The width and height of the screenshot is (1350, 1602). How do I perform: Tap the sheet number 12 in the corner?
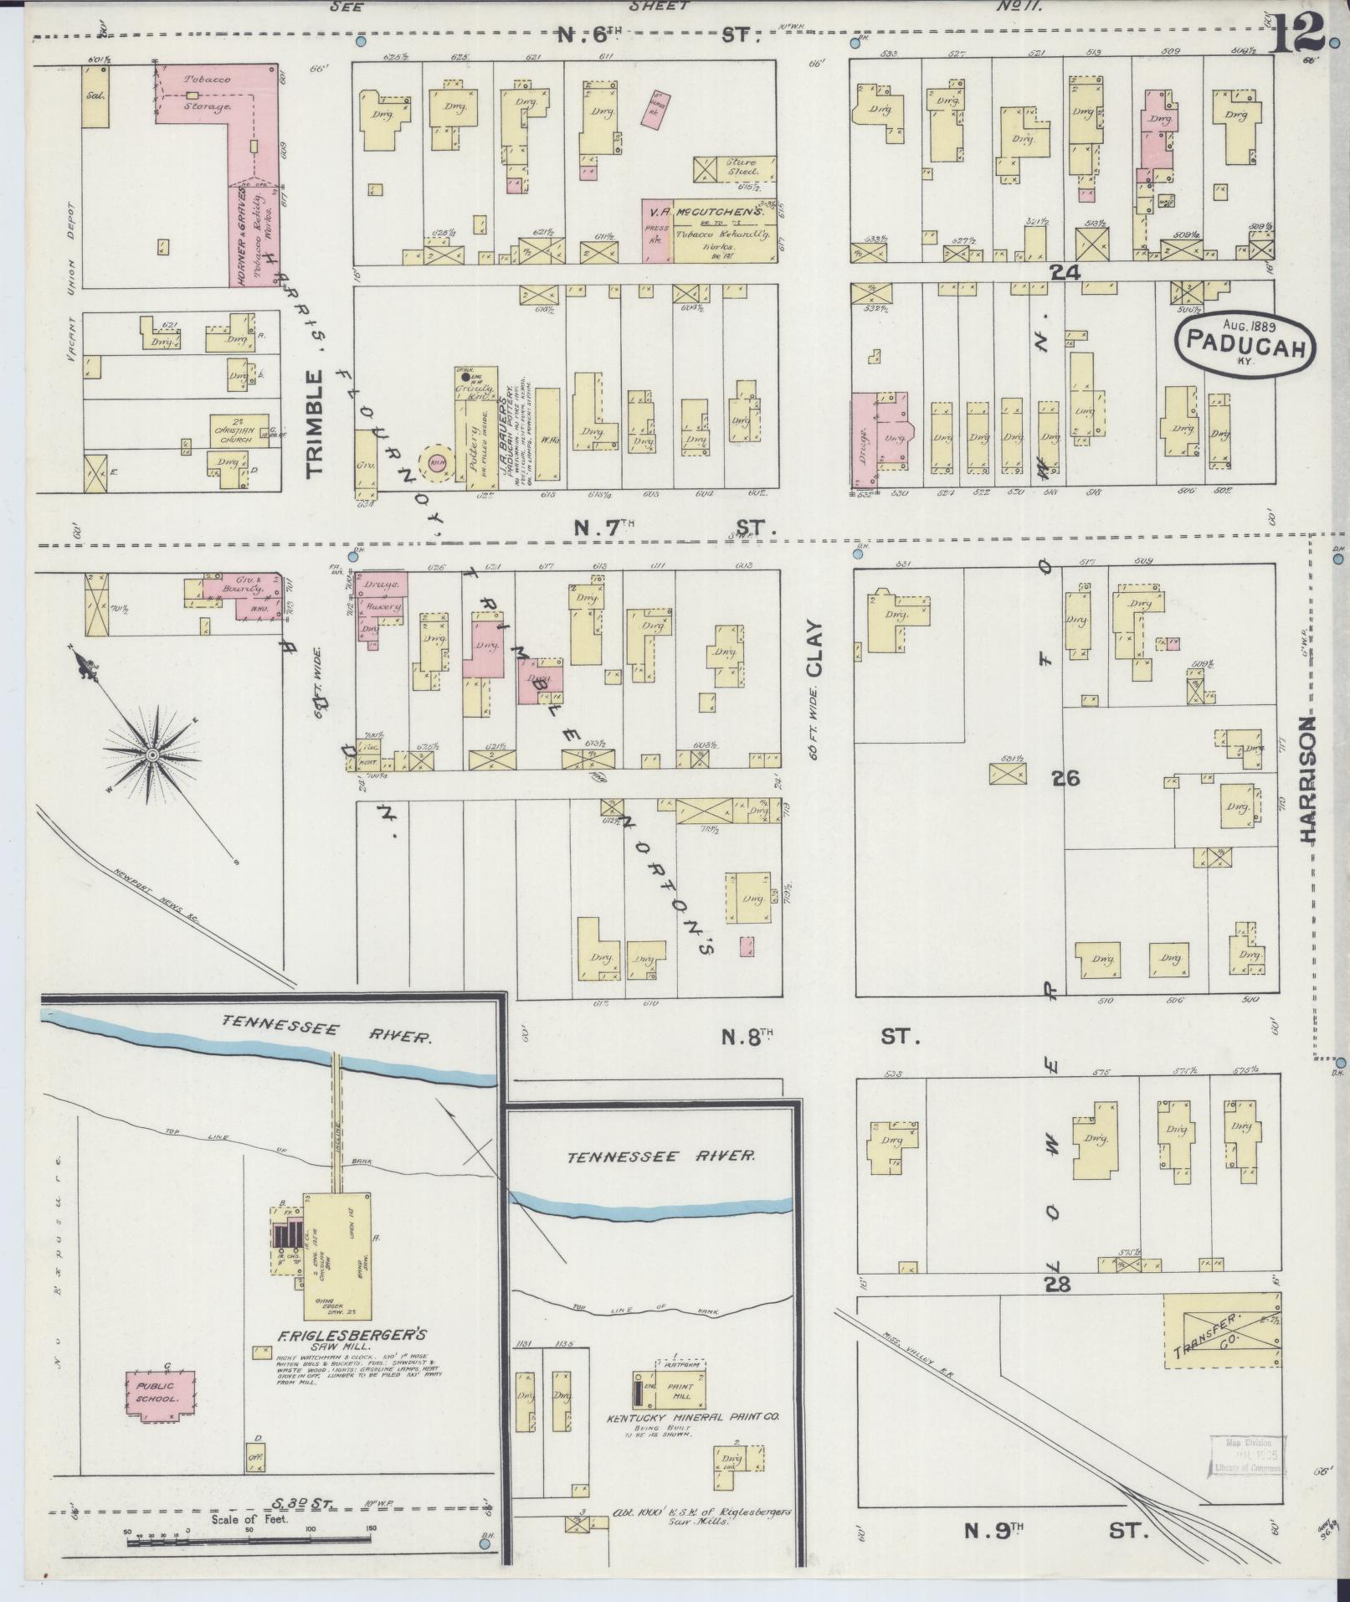coord(1298,33)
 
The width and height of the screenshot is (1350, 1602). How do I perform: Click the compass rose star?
coord(152,755)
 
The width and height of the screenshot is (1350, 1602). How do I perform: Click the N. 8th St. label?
coord(820,1038)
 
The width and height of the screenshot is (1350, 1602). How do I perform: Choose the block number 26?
coord(1066,779)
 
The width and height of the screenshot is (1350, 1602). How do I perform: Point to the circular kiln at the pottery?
coord(437,462)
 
